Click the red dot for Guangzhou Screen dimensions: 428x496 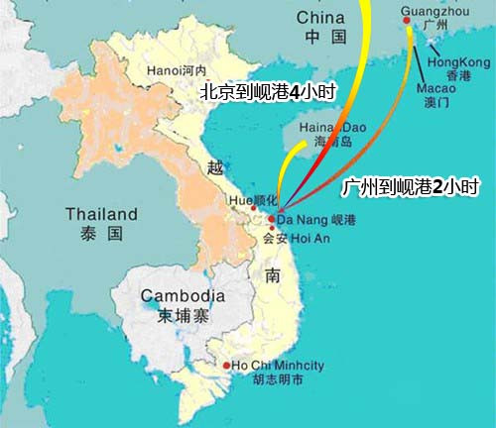(x=406, y=22)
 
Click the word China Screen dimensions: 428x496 (x=321, y=18)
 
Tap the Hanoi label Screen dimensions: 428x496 (x=175, y=70)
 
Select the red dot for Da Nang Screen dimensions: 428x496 (x=272, y=219)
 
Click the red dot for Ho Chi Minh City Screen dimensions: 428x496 (x=227, y=366)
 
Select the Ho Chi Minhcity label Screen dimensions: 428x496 (x=278, y=366)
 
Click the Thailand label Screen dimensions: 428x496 (x=101, y=214)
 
